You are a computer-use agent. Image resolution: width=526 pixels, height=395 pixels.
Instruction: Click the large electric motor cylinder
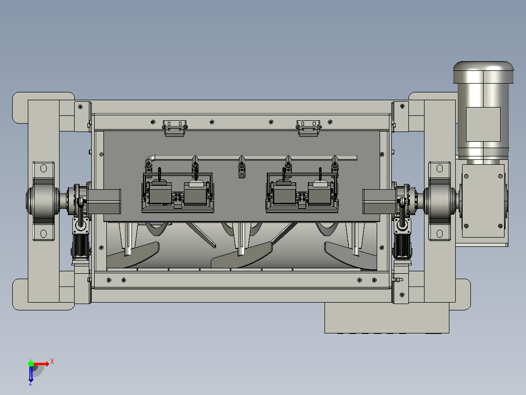(483, 111)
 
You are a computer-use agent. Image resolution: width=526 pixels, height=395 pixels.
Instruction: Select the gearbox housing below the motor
(483, 201)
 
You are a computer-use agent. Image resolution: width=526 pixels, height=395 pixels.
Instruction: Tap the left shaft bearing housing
(43, 201)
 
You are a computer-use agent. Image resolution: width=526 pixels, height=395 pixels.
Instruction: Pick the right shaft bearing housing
(440, 201)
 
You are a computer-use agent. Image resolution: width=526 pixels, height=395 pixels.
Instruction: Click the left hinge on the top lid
(175, 128)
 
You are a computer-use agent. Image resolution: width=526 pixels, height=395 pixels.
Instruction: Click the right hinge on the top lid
(308, 128)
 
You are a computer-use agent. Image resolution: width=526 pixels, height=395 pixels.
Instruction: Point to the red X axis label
(52, 362)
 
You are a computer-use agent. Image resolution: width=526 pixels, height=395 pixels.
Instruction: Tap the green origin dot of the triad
(31, 364)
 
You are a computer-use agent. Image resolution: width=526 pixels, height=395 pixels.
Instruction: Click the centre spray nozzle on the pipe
(242, 167)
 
